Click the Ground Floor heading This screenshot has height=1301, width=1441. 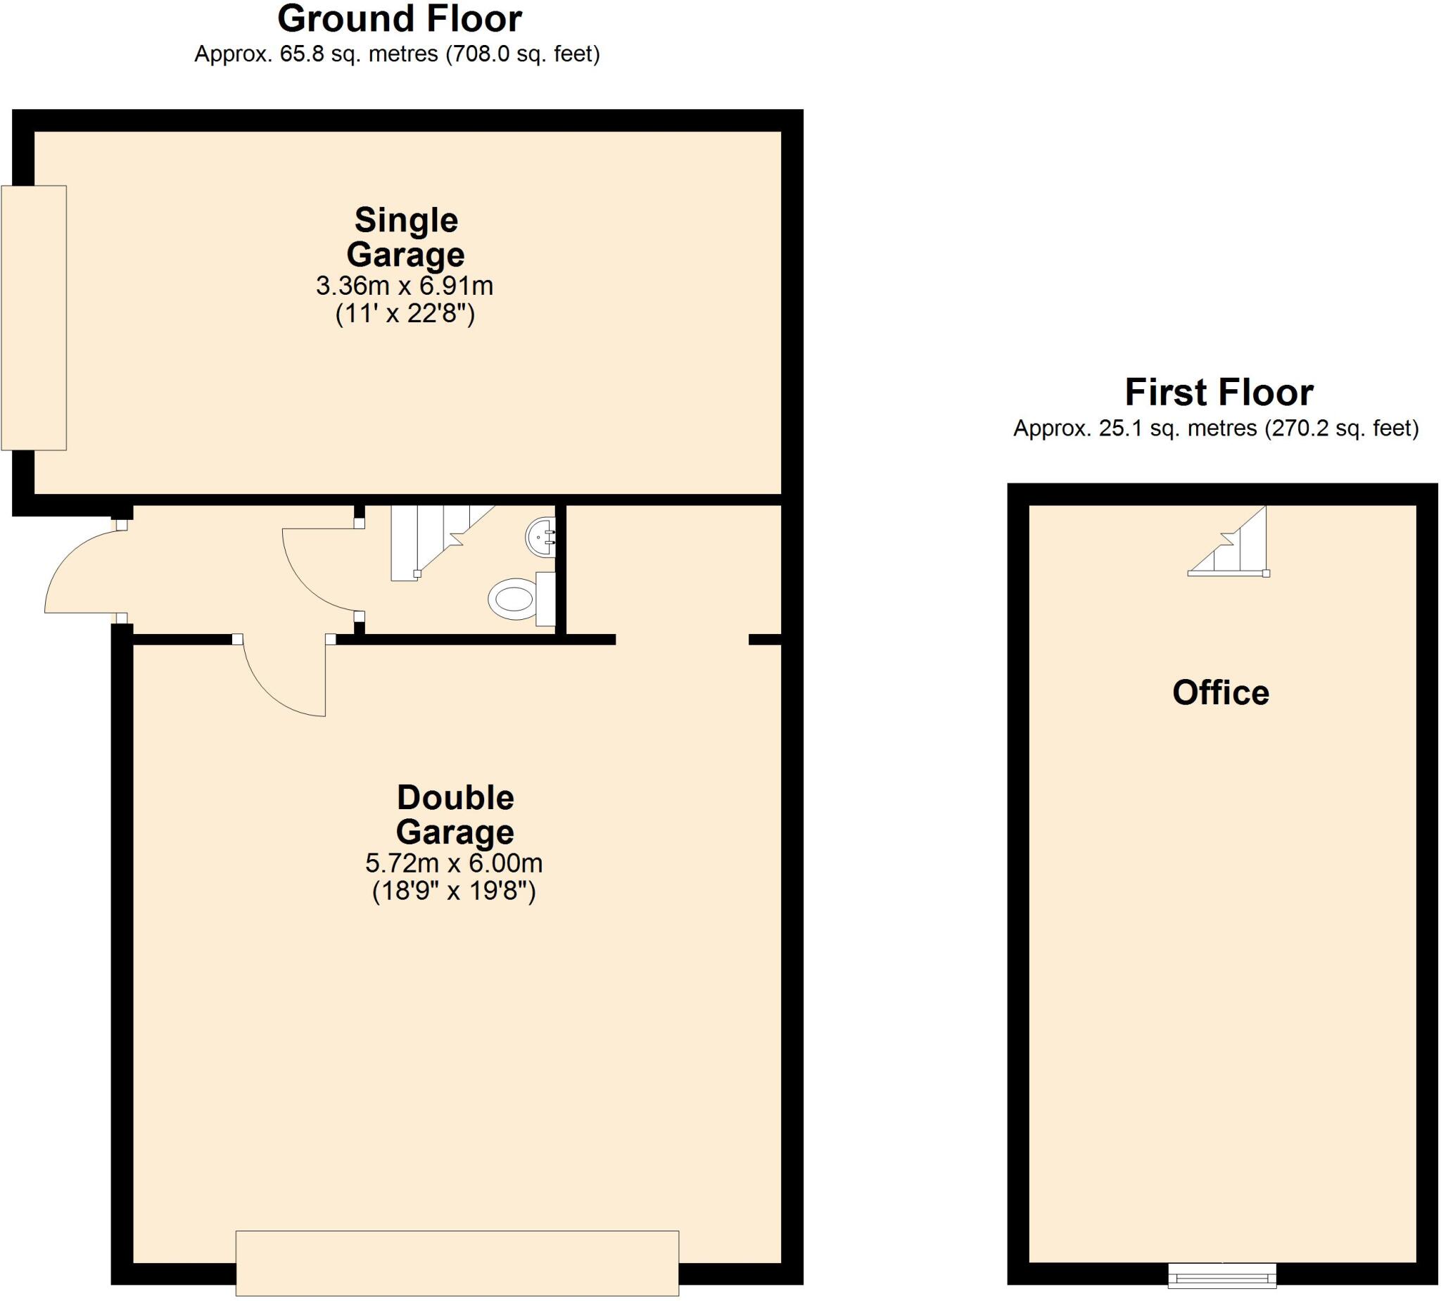point(400,19)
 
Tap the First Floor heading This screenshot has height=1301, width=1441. point(1219,393)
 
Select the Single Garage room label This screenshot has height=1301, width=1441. point(405,237)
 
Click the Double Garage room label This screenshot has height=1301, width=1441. point(455,815)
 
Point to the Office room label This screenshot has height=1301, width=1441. point(1221,692)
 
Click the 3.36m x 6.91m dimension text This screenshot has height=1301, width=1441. point(405,286)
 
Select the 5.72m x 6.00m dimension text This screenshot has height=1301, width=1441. point(454,863)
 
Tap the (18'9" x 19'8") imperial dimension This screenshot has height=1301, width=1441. point(454,891)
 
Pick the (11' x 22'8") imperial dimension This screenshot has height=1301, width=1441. point(405,314)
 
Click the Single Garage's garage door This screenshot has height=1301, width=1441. point(34,318)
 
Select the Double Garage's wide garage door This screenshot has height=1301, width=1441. point(457,1263)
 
